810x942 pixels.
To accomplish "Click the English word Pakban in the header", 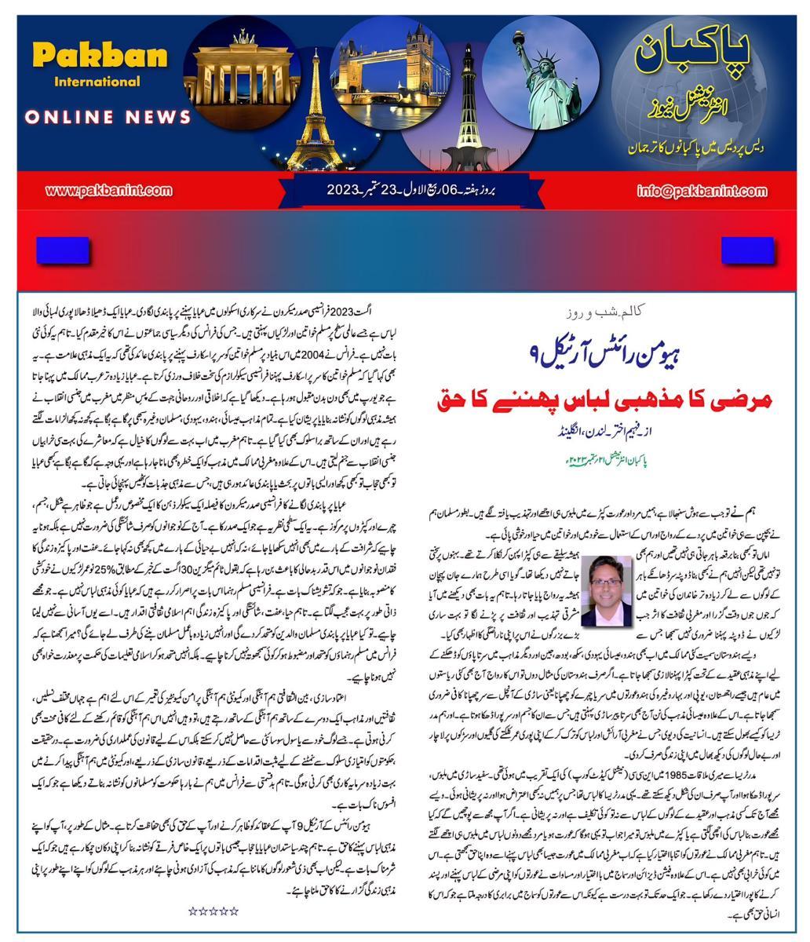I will click(x=100, y=57).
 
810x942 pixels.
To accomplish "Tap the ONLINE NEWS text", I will click(x=108, y=117).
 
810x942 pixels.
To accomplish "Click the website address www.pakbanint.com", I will click(x=109, y=191).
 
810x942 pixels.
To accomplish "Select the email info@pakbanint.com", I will click(x=702, y=191).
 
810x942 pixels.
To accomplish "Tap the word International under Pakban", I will click(x=97, y=82).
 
